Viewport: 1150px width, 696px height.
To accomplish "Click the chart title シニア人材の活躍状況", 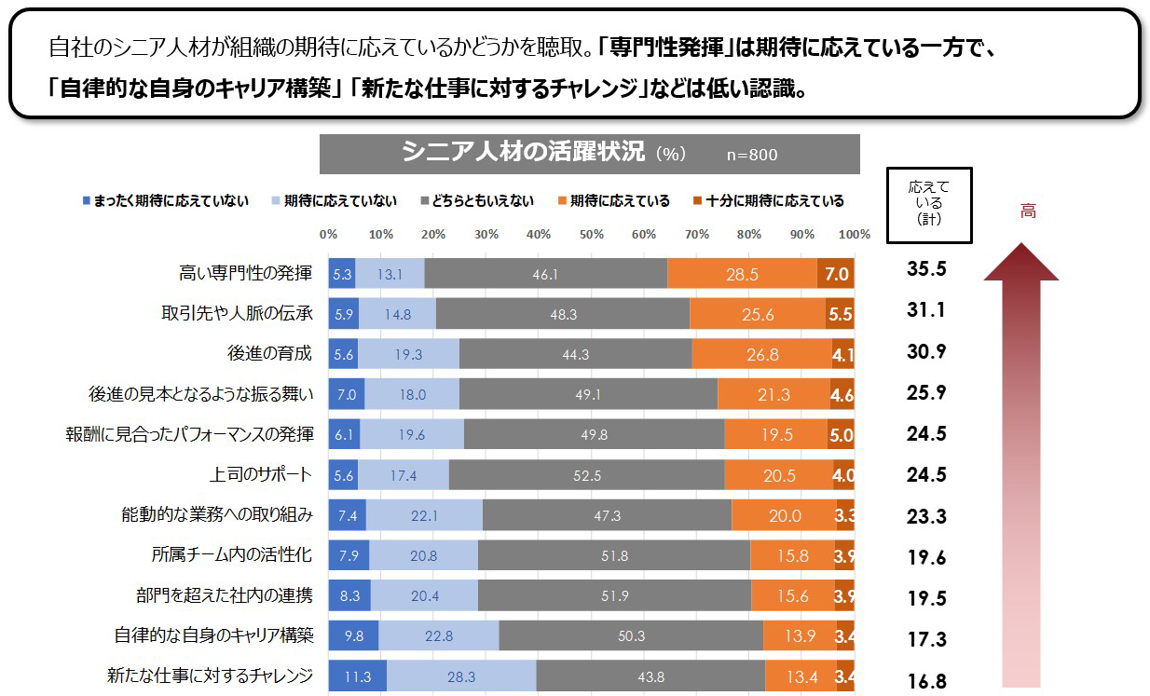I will [523, 153].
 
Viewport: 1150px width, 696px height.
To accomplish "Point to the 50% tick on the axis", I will [592, 234].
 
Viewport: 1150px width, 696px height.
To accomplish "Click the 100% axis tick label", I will [854, 234].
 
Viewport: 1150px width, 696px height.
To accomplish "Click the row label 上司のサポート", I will [261, 474].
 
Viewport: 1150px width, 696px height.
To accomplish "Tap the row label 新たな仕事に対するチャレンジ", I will [210, 676].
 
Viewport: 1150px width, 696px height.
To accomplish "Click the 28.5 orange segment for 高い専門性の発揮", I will [743, 273].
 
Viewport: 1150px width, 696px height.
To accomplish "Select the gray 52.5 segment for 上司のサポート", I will [587, 475].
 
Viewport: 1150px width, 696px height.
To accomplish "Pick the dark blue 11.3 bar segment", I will [357, 676].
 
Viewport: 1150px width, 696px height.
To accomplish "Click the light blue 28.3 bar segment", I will [460, 676].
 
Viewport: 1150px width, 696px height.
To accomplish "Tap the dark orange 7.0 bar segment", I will [835, 273].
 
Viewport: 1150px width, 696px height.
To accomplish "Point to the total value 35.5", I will [926, 270].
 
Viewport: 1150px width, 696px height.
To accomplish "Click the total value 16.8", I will [926, 681].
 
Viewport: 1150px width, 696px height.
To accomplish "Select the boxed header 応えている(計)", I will [928, 204].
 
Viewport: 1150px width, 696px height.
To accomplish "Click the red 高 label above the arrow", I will [1027, 212].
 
